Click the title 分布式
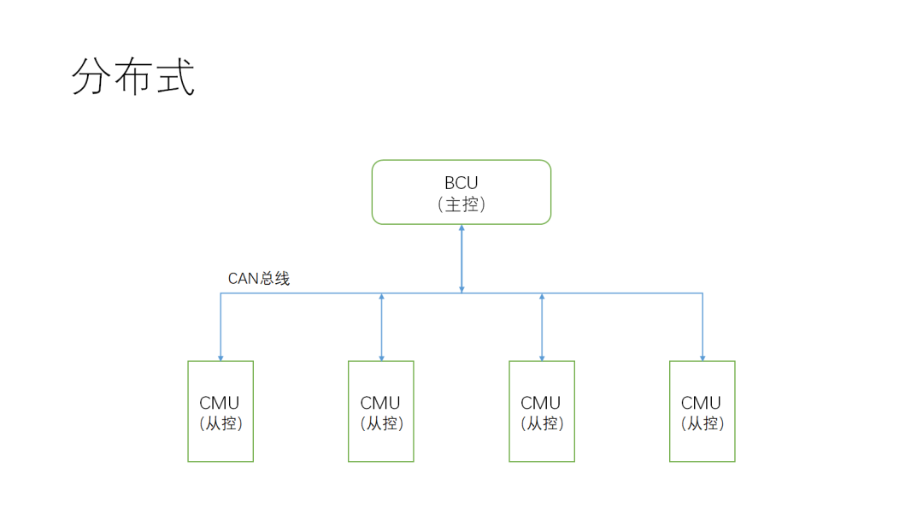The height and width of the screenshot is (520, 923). tap(133, 78)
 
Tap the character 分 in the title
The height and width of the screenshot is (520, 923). tap(92, 78)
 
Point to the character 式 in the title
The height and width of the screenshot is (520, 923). tap(175, 78)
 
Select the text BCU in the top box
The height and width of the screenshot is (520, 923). tap(461, 183)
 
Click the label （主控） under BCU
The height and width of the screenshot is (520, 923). tap(461, 204)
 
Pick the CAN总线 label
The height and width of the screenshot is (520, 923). tap(259, 279)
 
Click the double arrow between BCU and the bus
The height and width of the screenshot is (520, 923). tap(461, 259)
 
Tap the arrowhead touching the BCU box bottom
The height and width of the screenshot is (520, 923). tap(461, 228)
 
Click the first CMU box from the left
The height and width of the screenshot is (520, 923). tap(220, 411)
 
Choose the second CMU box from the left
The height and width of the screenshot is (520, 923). tap(381, 411)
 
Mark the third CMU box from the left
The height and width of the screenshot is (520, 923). tap(542, 411)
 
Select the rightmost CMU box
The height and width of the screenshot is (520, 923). tap(703, 411)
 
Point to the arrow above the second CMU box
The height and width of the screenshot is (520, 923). tap(381, 328)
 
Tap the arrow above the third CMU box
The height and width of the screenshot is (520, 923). tap(542, 328)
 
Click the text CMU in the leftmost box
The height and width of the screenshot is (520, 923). tap(220, 403)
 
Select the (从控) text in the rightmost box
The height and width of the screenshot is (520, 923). tap(703, 423)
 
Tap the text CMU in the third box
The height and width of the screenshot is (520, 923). tap(542, 403)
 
